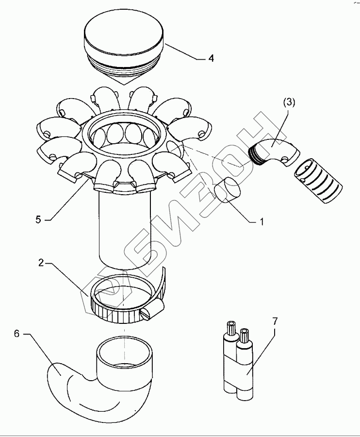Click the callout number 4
[x=211, y=58]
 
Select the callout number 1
[x=262, y=222]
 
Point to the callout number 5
[x=38, y=219]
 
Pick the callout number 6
[x=16, y=334]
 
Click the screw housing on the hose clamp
[x=154, y=311]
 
